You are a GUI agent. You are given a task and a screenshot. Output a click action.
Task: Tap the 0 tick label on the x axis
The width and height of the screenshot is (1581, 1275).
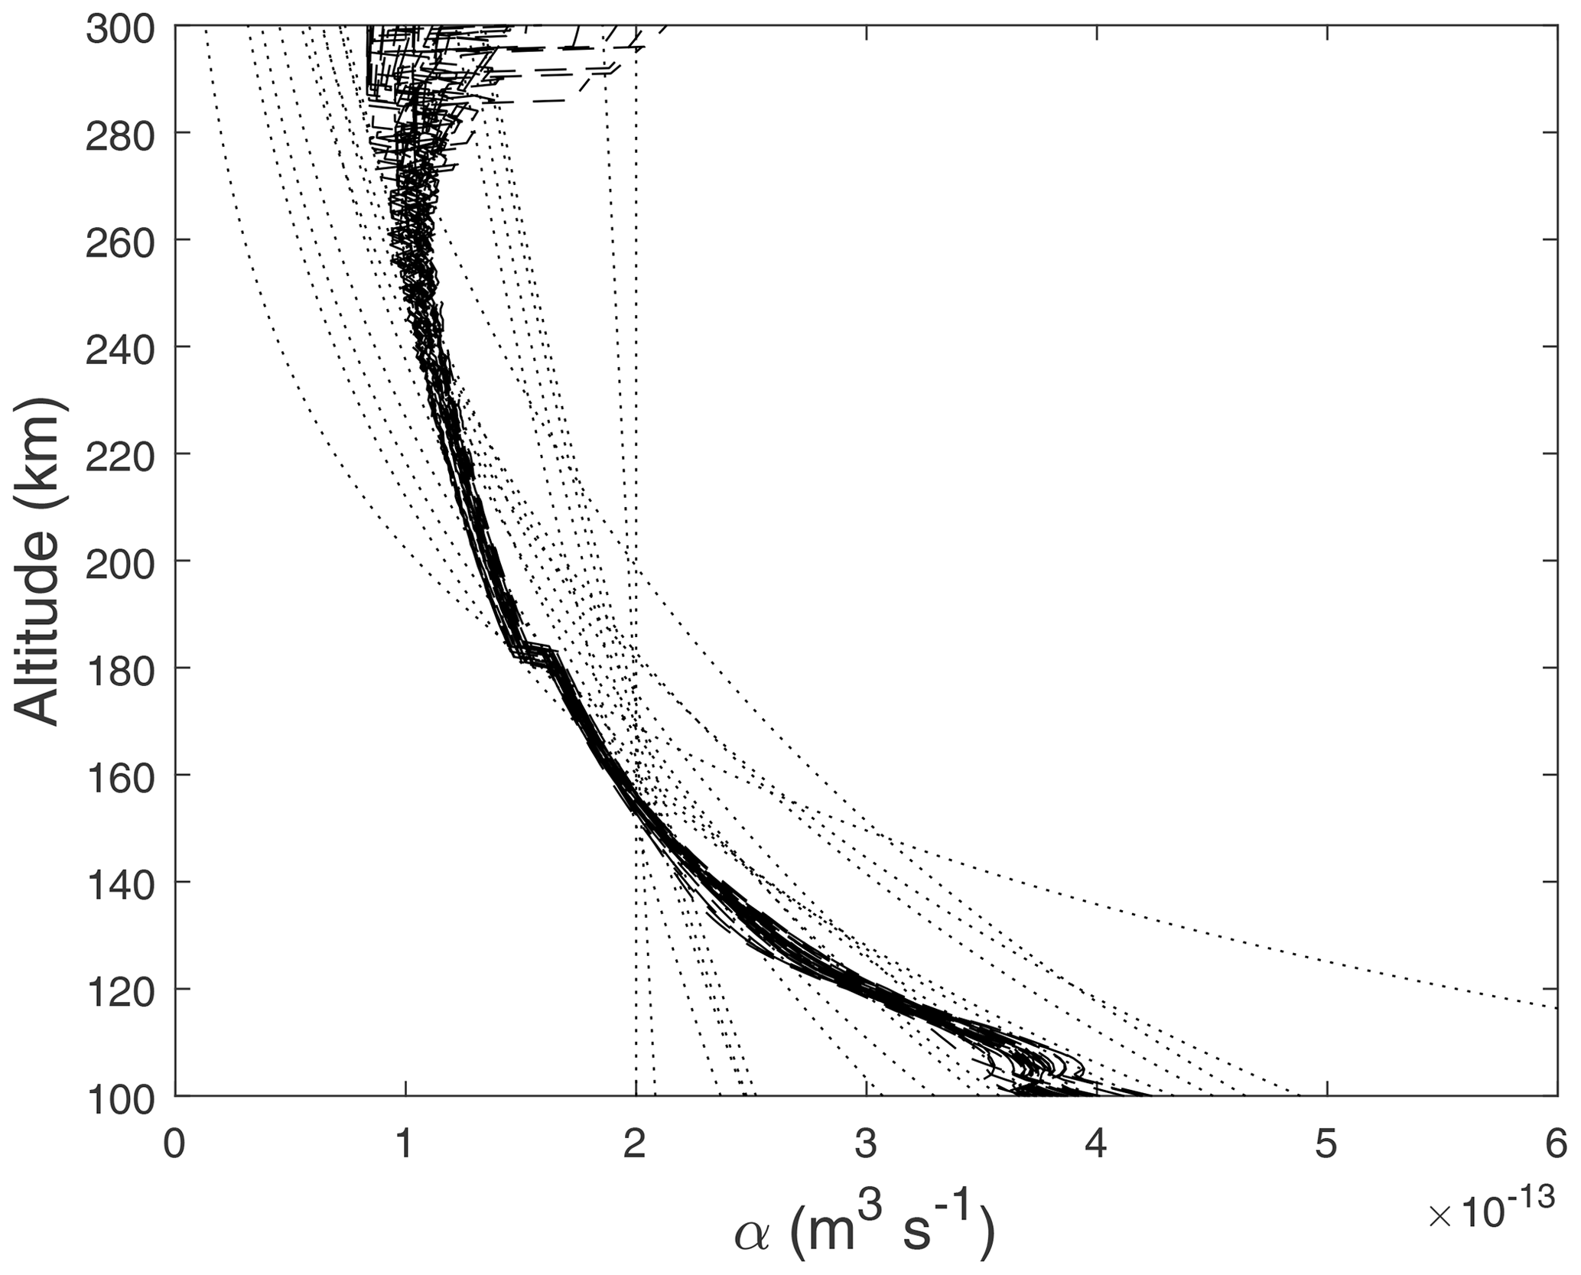[176, 1146]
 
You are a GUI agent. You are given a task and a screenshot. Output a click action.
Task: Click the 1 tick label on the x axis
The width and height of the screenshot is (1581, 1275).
[405, 1146]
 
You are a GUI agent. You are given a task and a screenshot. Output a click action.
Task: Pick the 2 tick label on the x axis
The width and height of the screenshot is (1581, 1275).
[636, 1146]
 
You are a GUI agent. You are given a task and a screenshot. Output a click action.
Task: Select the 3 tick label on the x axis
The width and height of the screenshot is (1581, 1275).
[866, 1146]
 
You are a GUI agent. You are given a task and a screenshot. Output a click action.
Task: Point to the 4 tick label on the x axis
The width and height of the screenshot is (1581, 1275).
[1096, 1146]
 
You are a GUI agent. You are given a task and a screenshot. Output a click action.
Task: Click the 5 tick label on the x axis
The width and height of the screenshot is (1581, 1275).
[1326, 1146]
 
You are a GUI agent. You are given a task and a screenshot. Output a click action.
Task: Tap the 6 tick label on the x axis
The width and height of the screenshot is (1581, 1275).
[1556, 1146]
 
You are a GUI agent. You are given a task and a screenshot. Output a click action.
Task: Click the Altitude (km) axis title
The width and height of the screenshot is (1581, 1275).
[38, 562]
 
